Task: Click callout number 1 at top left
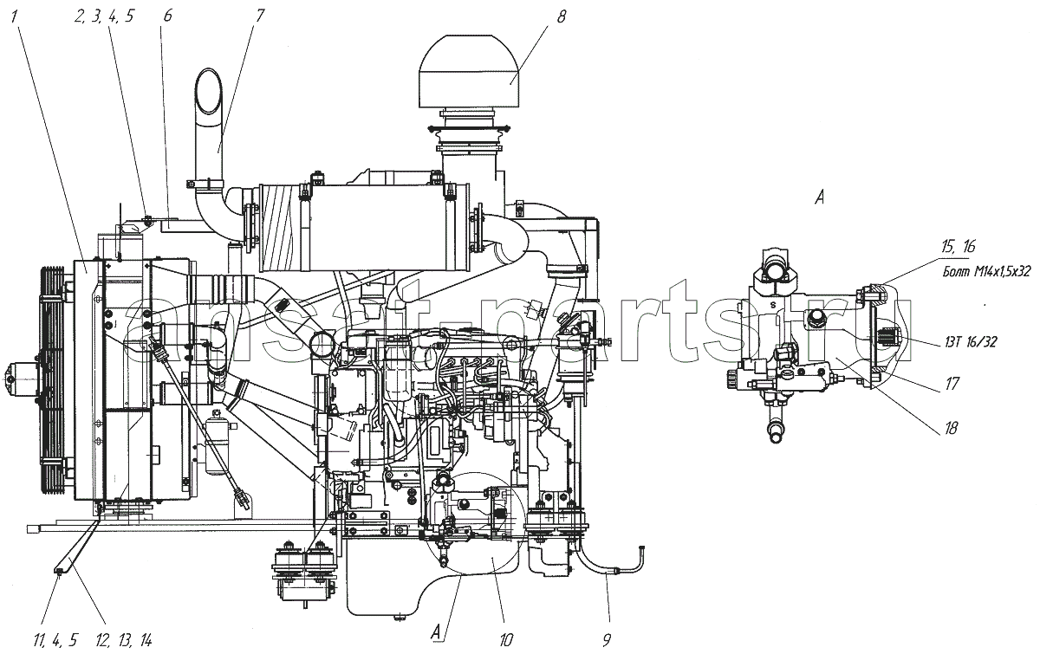[15, 17]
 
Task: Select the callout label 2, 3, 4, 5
[103, 16]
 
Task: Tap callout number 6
[167, 16]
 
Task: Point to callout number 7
[259, 16]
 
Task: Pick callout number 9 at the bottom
[607, 640]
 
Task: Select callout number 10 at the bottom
[505, 640]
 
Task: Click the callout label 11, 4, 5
[55, 640]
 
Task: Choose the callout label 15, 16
[959, 247]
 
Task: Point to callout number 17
[952, 384]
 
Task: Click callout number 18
[951, 428]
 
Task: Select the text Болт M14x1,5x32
[986, 271]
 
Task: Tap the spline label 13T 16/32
[971, 342]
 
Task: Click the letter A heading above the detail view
[820, 198]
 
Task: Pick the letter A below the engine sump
[437, 631]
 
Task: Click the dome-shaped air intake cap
[469, 70]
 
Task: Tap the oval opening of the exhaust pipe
[208, 91]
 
